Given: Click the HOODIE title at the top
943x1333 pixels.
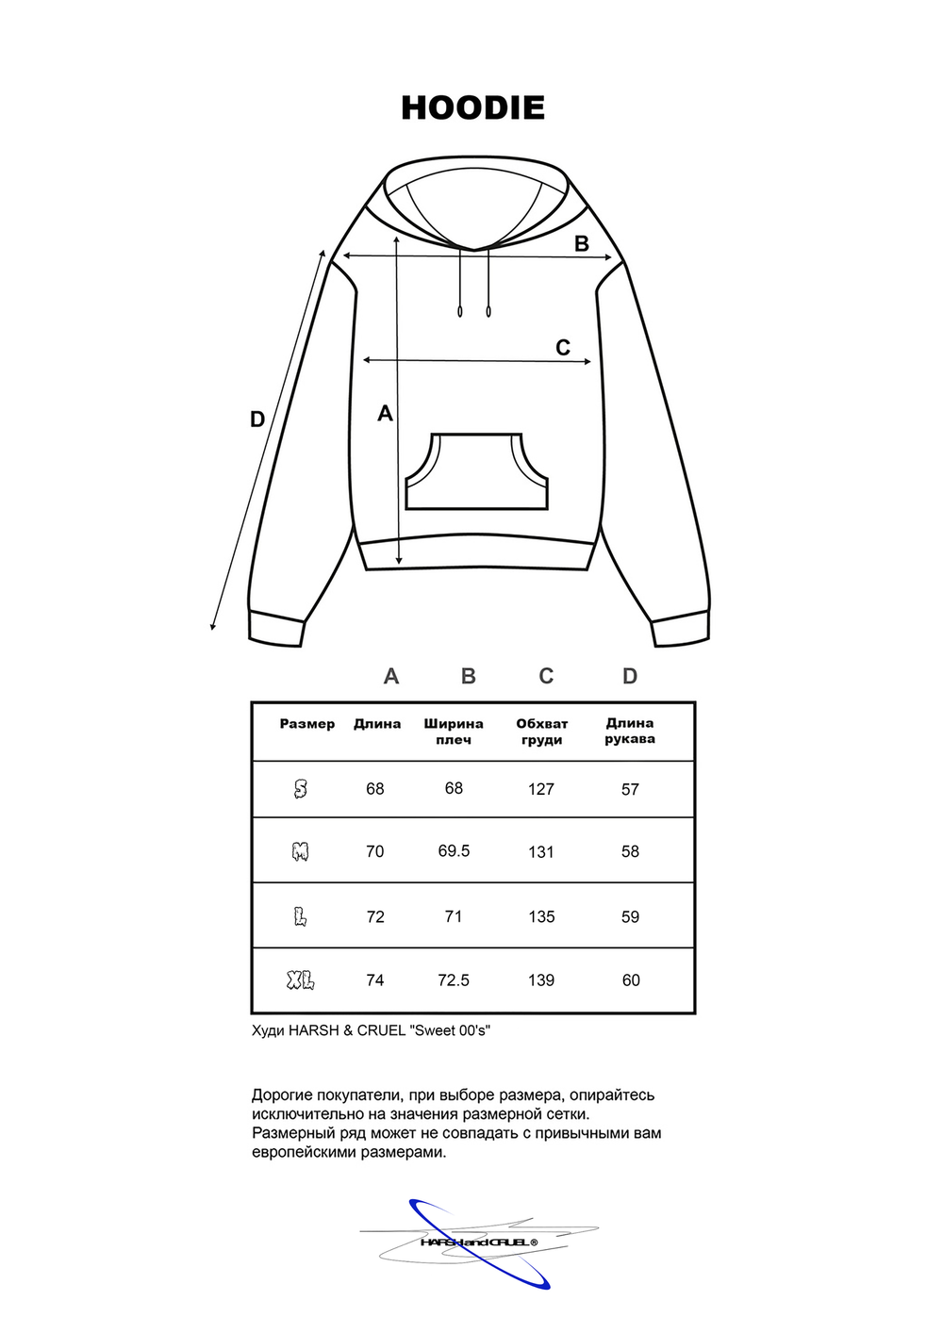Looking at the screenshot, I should click(x=472, y=107).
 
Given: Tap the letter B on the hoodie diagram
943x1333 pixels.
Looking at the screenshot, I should click(x=582, y=243).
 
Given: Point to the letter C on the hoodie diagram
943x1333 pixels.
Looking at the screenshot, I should click(x=563, y=348).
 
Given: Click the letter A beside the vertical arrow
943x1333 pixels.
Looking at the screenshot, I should click(x=385, y=413).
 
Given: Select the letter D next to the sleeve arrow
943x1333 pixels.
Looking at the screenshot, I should click(x=257, y=420).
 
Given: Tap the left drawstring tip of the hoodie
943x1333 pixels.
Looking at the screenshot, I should click(x=460, y=311).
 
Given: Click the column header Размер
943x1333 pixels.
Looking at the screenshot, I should click(x=307, y=724).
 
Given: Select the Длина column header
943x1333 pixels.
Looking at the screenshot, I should click(x=377, y=724).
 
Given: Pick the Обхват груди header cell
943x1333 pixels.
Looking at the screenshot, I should click(x=542, y=732).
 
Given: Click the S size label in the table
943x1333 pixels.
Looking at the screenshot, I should click(x=301, y=789).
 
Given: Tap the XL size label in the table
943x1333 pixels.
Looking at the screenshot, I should click(x=301, y=980).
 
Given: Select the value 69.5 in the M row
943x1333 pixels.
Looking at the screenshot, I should click(x=454, y=850).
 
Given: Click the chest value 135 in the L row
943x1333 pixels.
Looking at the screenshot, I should click(x=541, y=916).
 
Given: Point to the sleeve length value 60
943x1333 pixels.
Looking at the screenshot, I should click(x=631, y=980).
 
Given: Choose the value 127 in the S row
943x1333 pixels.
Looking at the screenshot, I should click(x=541, y=789).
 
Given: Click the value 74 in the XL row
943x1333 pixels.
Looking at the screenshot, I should click(x=375, y=980).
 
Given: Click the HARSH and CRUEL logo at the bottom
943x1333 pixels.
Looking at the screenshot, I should click(x=478, y=1242).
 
